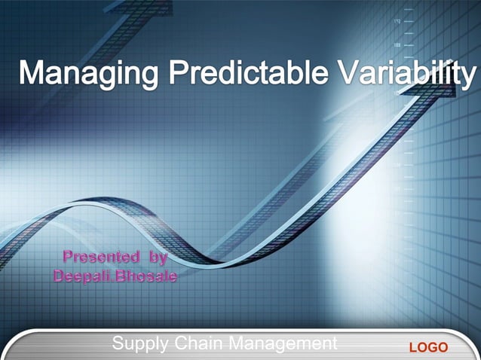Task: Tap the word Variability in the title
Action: [397, 75]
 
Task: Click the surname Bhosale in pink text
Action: [148, 276]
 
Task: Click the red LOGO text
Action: [427, 347]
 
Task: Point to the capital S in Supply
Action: [118, 344]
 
